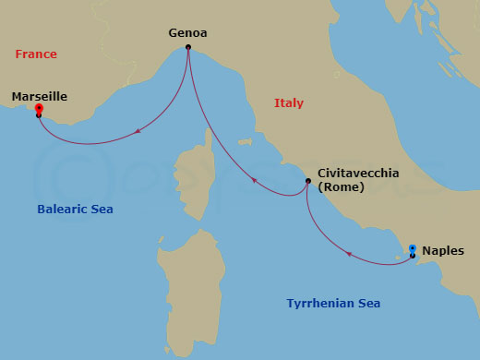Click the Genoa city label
[x=187, y=33]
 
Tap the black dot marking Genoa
[x=187, y=47]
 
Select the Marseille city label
[x=40, y=95]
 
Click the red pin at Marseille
[x=39, y=110]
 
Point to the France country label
[x=36, y=54]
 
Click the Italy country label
[x=289, y=103]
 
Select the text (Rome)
[x=341, y=187]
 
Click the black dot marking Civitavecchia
[x=307, y=181]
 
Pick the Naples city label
[x=443, y=250]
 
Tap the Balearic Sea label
[x=75, y=210]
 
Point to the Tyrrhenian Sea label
[x=333, y=304]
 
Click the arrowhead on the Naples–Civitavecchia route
[x=349, y=253]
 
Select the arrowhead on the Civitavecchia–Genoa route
[x=256, y=181]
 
